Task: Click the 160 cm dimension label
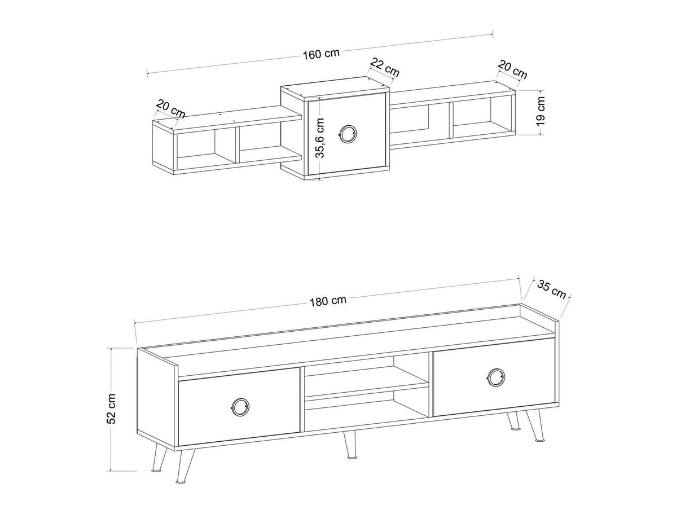(x=321, y=54)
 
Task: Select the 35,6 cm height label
(x=320, y=138)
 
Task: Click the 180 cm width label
(x=328, y=301)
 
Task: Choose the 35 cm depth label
(x=551, y=289)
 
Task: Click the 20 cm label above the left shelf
(x=171, y=109)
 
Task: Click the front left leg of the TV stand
(x=185, y=469)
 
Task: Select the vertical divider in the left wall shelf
(x=237, y=144)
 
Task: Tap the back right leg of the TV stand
(x=512, y=421)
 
